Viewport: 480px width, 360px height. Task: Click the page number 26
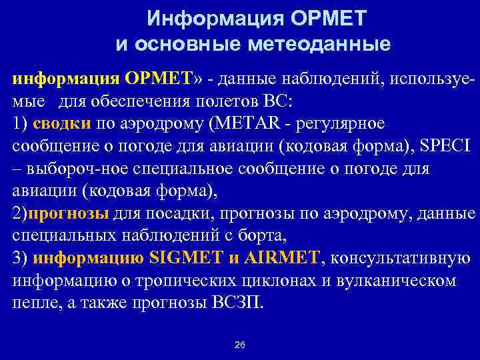pos(240,345)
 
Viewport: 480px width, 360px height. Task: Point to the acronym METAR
pos(249,123)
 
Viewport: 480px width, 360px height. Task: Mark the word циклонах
pos(286,280)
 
